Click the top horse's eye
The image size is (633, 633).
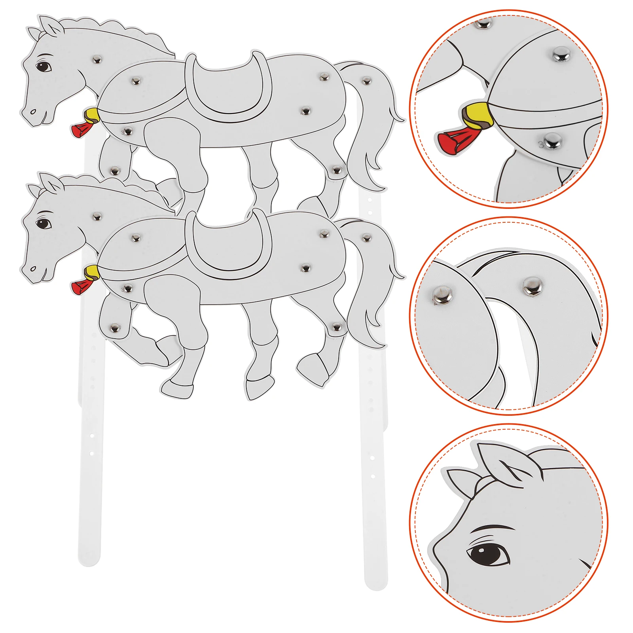click(44, 66)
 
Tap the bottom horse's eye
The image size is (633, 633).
click(44, 224)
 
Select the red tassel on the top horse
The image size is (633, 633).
click(81, 129)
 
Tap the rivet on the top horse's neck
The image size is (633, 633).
click(97, 60)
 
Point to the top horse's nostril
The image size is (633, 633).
click(33, 112)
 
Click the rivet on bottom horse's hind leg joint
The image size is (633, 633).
click(337, 327)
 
